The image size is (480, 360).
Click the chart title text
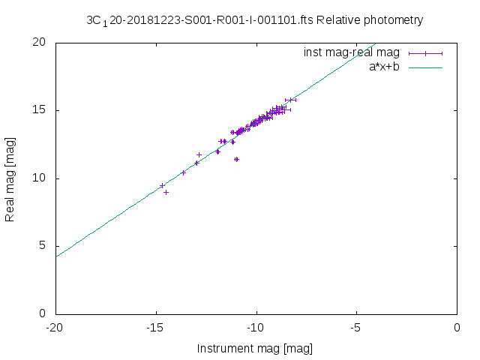click(255, 20)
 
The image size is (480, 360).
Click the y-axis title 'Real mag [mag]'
click(10, 178)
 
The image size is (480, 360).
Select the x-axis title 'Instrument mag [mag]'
click(255, 349)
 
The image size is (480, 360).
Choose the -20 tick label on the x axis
click(55, 327)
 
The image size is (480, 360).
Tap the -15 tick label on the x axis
click(155, 327)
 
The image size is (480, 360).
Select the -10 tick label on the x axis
click(256, 327)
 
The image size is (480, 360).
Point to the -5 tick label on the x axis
click(356, 327)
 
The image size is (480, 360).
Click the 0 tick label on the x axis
click(457, 327)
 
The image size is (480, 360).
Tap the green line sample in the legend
click(425, 67)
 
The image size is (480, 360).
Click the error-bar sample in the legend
click(425, 53)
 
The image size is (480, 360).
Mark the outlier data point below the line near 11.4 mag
click(236, 159)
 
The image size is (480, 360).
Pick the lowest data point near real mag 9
click(166, 192)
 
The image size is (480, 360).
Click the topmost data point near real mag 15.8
click(291, 100)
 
